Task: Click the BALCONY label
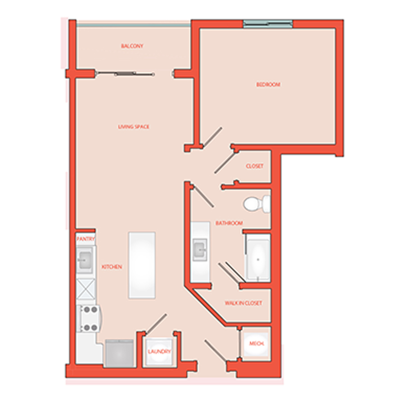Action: pyautogui.click(x=132, y=46)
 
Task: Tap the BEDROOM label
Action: pyautogui.click(x=268, y=85)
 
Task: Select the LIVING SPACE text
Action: pyautogui.click(x=134, y=127)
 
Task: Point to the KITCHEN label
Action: pyautogui.click(x=112, y=267)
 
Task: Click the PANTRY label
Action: pyautogui.click(x=86, y=239)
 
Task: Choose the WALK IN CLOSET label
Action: pyautogui.click(x=243, y=303)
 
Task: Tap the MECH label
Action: pyautogui.click(x=257, y=343)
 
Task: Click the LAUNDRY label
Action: pyautogui.click(x=159, y=351)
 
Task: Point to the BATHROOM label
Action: pyautogui.click(x=229, y=223)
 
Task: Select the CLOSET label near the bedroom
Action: pyautogui.click(x=255, y=166)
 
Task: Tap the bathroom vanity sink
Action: pyautogui.click(x=200, y=250)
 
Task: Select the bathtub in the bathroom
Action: pyautogui.click(x=258, y=259)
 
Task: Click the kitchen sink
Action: pyautogui.click(x=85, y=259)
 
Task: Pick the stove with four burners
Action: pyautogui.click(x=88, y=318)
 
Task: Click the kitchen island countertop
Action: pyautogui.click(x=142, y=265)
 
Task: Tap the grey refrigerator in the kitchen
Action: pyautogui.click(x=119, y=353)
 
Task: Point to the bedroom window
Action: pyautogui.click(x=268, y=24)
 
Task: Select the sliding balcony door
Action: pyautogui.click(x=125, y=74)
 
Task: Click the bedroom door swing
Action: pyautogui.click(x=212, y=137)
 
